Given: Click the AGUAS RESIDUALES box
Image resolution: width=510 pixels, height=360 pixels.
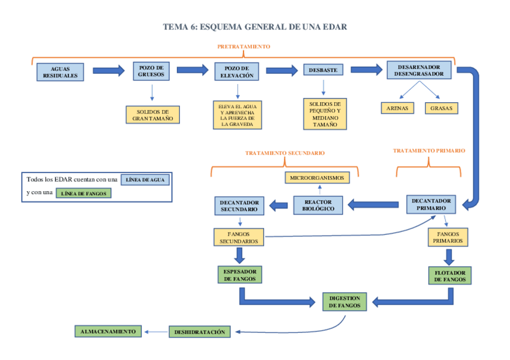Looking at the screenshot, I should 60,72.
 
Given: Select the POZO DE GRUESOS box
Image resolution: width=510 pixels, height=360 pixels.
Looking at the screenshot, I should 151,71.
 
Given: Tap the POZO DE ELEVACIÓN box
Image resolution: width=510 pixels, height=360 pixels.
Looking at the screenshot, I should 237,72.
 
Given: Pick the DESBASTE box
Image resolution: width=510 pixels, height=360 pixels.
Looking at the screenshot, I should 323,70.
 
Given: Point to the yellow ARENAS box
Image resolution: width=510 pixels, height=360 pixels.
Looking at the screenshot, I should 397,108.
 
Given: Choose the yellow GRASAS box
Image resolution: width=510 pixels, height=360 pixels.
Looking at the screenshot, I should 441,108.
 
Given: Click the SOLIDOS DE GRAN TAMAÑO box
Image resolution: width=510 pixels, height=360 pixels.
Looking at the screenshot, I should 153,115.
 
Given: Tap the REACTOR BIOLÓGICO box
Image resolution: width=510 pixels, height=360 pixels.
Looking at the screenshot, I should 318,205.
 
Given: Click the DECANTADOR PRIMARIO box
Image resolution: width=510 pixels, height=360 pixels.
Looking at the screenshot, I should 431,204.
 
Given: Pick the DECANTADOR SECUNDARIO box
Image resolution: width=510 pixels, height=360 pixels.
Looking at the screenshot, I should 239,206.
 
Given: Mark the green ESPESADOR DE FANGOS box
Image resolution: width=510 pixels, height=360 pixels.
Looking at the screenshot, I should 240,275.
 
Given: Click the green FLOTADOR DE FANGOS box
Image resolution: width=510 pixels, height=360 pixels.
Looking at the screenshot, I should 450,276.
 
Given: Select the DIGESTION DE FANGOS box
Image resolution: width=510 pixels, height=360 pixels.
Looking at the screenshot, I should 345,302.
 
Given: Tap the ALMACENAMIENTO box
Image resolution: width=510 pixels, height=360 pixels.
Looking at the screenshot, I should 108,331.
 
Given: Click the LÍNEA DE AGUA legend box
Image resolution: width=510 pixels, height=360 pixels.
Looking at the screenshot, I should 145,180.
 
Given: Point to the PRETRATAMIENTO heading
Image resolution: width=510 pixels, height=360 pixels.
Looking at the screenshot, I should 244,46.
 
